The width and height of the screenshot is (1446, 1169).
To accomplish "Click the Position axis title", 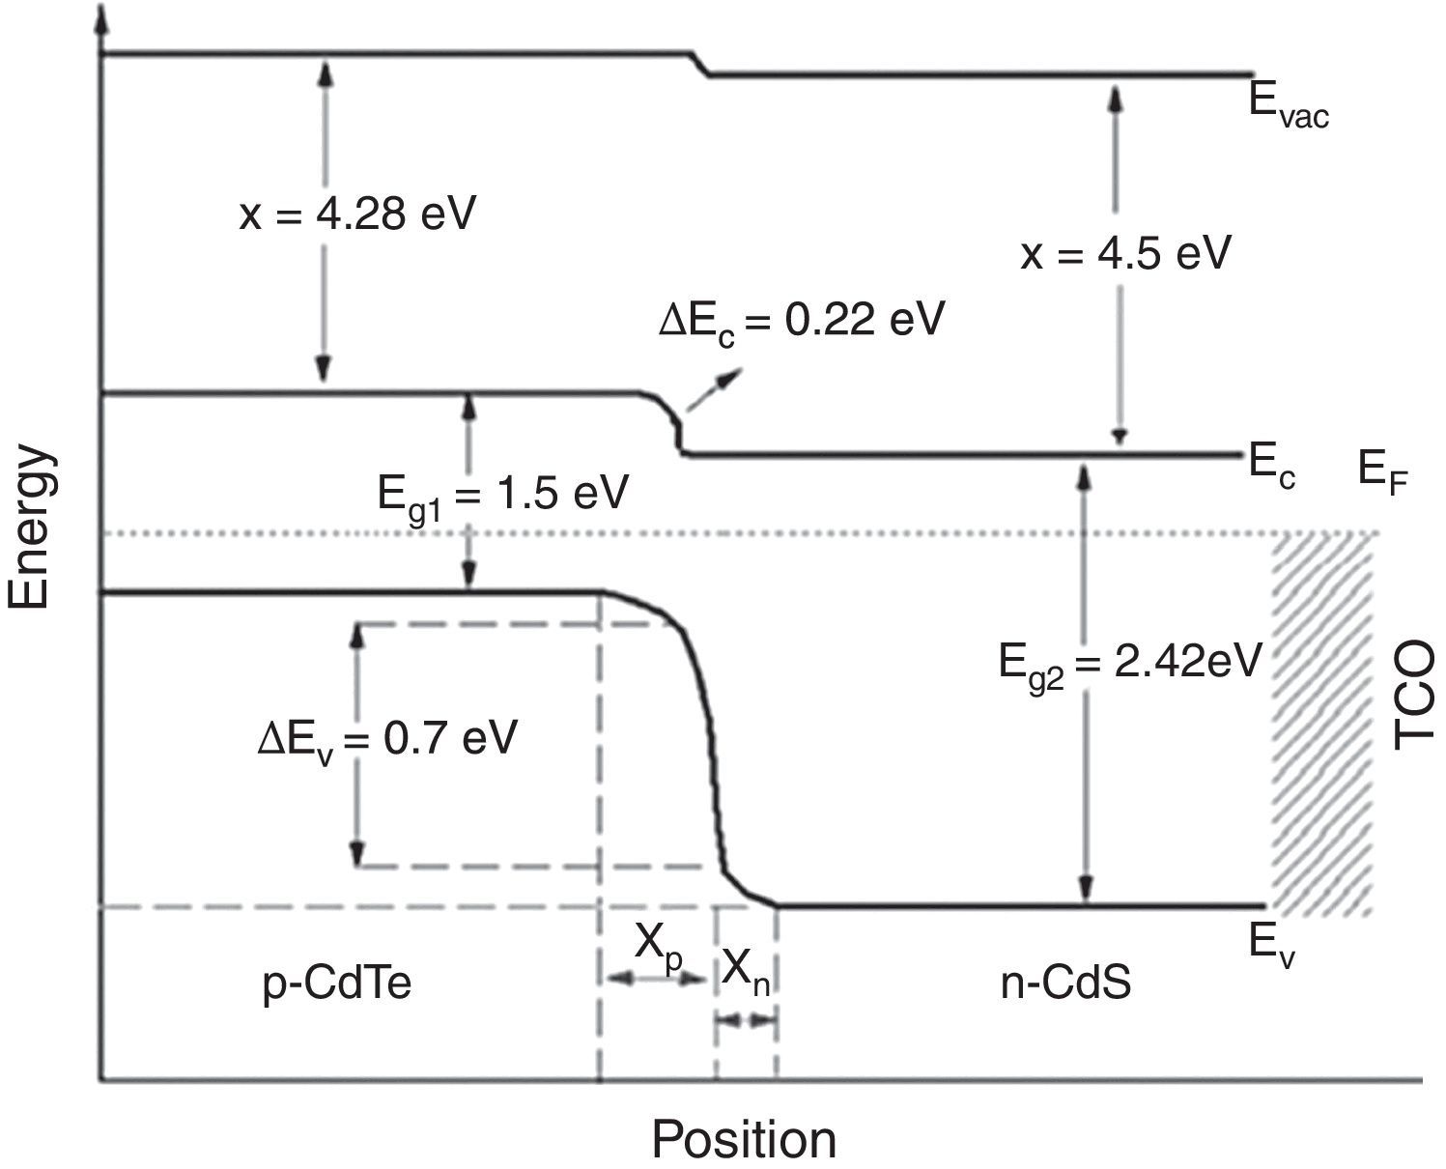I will [743, 1139].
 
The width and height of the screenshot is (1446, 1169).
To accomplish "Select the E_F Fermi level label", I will [1381, 472].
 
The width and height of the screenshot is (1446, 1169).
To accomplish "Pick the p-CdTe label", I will [338, 985].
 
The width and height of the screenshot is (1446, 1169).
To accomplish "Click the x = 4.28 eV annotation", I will [357, 214].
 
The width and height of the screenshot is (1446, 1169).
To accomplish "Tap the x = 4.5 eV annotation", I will [1126, 253].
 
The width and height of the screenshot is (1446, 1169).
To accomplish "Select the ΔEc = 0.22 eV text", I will [801, 320].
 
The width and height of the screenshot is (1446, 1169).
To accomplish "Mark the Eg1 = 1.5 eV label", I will [502, 495].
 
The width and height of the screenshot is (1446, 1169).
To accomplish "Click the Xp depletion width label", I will [659, 942].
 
